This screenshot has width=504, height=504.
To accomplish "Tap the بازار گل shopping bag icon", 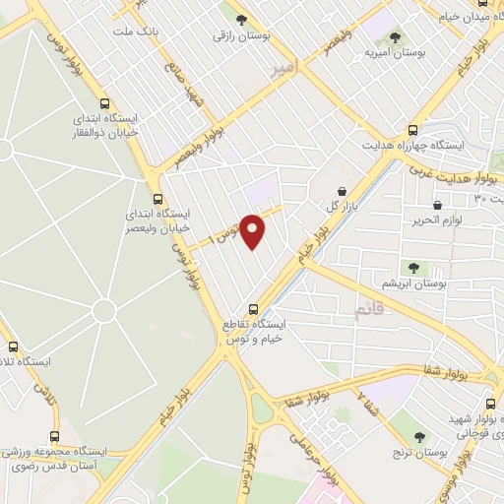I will [x=342, y=191].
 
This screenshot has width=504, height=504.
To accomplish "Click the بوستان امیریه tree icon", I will [x=395, y=37].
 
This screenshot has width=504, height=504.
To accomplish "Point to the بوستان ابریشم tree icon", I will [x=412, y=266].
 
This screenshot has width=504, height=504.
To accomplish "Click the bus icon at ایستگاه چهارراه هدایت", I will [x=412, y=130].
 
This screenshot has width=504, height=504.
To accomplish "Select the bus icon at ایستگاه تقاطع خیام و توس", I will [x=253, y=307].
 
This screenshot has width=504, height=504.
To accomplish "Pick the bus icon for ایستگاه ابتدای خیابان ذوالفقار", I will [x=104, y=102].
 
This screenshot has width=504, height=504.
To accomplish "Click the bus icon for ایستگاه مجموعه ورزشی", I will [x=53, y=436].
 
